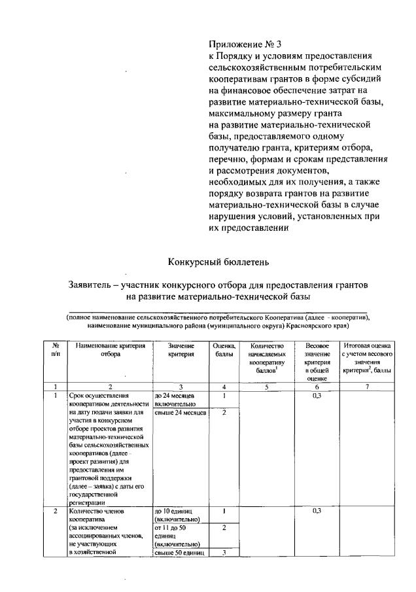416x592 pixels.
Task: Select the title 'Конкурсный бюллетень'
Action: (218, 262)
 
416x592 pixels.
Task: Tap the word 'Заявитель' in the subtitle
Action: (93, 285)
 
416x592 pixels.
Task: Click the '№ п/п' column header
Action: (56, 349)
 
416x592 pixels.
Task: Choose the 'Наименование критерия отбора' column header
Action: (109, 349)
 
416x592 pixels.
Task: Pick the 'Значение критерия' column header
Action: (181, 349)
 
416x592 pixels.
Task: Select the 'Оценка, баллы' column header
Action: (224, 349)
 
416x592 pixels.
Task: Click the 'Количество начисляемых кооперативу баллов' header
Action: (268, 358)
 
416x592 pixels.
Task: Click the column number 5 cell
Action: (268, 387)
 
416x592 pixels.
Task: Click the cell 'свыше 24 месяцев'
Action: (181, 413)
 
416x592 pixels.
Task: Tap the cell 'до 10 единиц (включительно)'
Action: (180, 515)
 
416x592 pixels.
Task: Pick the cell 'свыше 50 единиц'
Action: (180, 553)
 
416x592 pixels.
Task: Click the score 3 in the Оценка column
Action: (224, 553)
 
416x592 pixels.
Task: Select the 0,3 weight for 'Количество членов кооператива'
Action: (317, 510)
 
